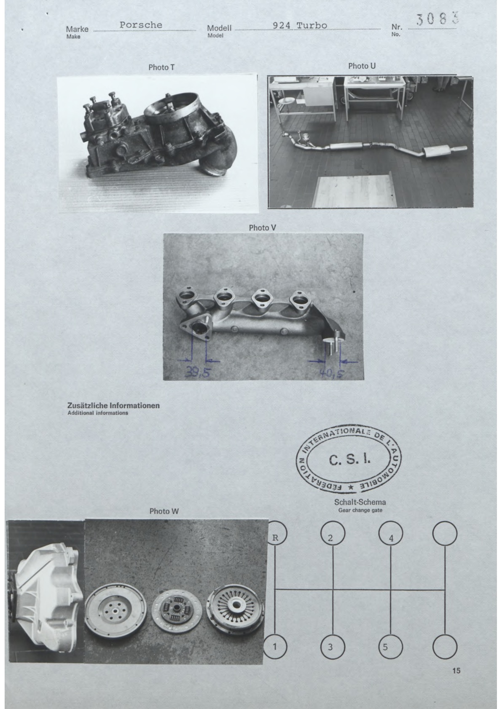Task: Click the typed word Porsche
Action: [141, 25]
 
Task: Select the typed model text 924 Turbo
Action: [300, 25]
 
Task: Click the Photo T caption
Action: [161, 67]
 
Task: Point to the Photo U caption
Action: [362, 66]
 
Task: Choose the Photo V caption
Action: [262, 227]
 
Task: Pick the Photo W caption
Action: [164, 511]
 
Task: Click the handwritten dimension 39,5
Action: [197, 372]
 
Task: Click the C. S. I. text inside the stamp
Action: [349, 460]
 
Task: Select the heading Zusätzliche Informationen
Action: [113, 405]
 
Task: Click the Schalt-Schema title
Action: [360, 502]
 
